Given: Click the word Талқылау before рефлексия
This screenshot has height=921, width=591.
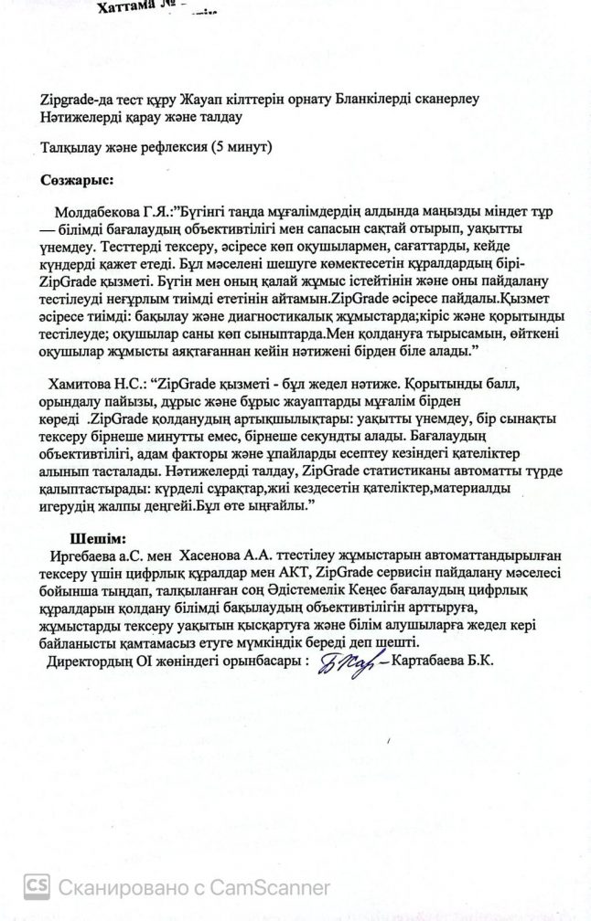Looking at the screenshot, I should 77,145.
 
